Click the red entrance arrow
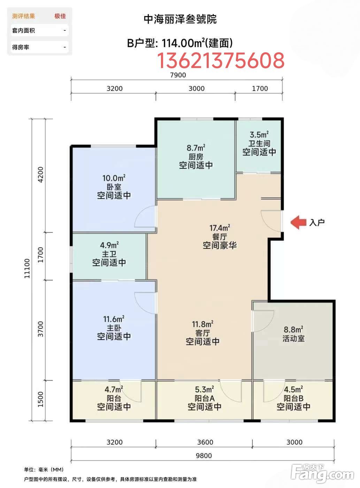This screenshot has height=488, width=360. tap(298, 222)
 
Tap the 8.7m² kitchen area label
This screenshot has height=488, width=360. tap(196, 148)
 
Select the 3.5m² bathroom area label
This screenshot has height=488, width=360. tap(259, 135)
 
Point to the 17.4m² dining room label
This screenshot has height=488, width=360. tap(220, 228)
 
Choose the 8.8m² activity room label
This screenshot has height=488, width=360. tap(293, 330)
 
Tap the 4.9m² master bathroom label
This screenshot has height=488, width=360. tap(109, 245)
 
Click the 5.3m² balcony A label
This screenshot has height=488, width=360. tap(205, 390)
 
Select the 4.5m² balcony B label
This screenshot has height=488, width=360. tap(293, 389)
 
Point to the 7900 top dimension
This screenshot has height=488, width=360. tap(178, 75)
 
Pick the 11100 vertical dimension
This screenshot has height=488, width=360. tap(27, 268)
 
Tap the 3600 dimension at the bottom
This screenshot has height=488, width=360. tap(205, 442)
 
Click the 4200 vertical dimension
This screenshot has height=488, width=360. tap(40, 175)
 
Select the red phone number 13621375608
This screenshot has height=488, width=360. tap(221, 60)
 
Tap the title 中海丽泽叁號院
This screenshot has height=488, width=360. tap(180, 19)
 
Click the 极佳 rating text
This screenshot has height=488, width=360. tap(60, 16)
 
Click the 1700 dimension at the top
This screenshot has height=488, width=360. tap(260, 89)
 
